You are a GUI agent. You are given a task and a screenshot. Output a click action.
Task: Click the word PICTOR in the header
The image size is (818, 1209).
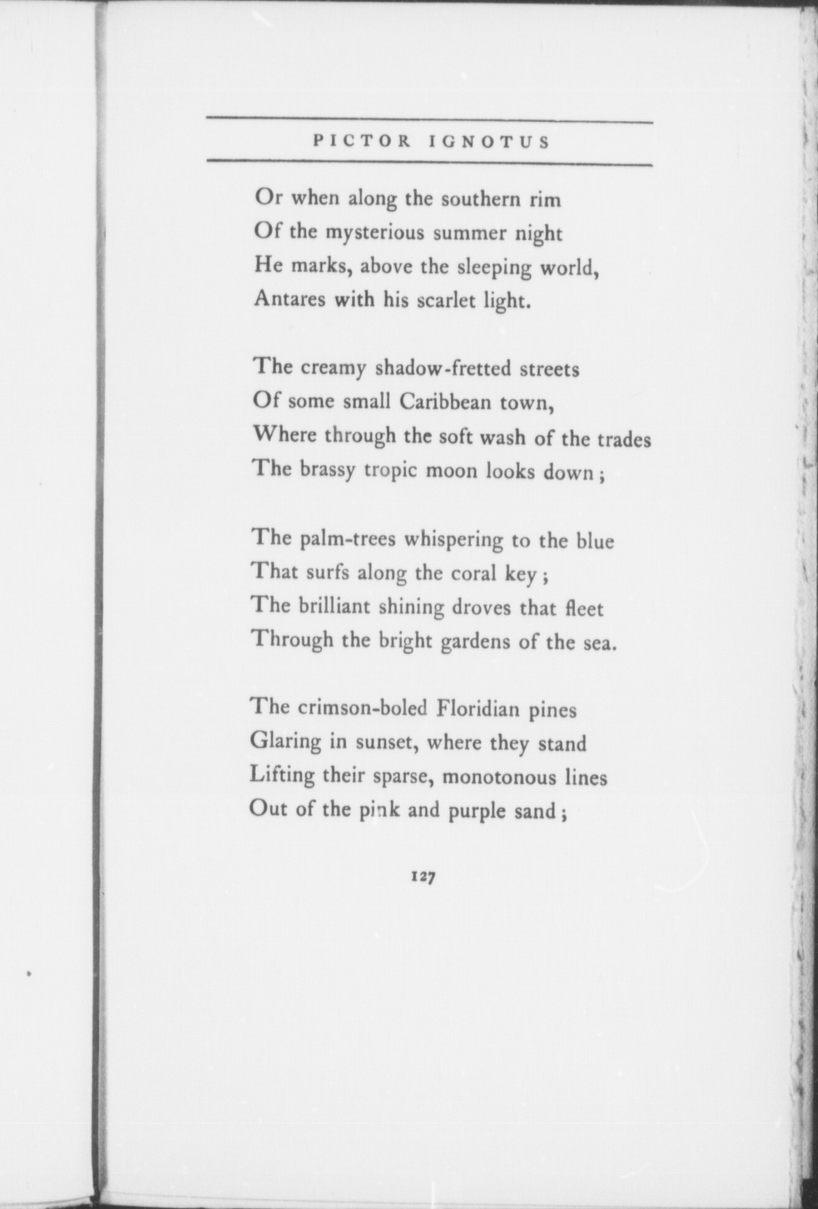[x=362, y=142]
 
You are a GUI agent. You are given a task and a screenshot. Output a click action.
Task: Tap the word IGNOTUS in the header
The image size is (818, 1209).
[x=490, y=142]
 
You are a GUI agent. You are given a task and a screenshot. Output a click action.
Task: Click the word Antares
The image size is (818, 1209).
[x=291, y=300]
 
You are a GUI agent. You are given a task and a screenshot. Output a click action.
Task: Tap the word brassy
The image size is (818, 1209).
[x=328, y=471]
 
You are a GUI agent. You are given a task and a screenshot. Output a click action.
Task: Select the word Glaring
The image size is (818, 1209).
[x=286, y=742]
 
